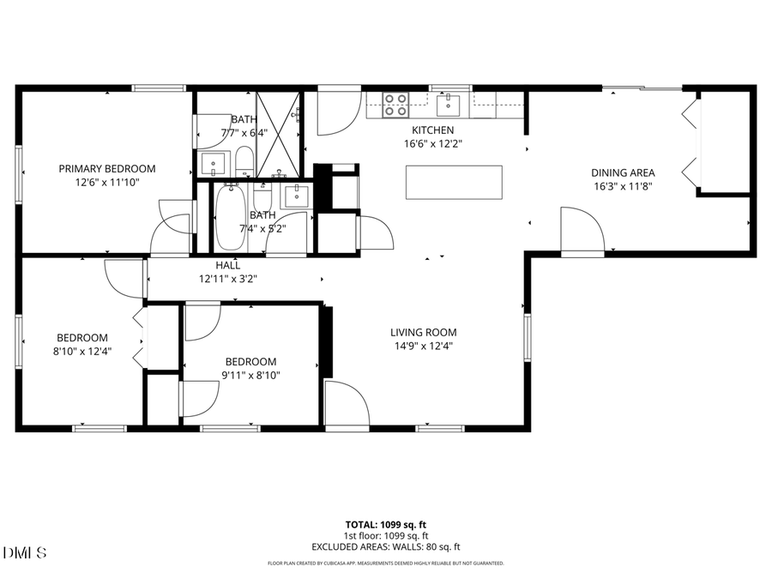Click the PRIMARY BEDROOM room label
click(107, 169)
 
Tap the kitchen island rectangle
click(454, 182)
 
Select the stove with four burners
click(395, 105)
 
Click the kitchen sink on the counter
click(448, 106)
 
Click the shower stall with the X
click(280, 134)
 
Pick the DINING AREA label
click(624, 172)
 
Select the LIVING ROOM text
click(424, 333)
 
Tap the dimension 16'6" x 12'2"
click(433, 144)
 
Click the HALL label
click(228, 266)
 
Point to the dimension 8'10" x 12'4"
click(82, 351)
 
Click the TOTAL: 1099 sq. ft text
click(385, 523)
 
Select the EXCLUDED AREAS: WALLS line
click(385, 546)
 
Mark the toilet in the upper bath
click(244, 160)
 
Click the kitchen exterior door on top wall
click(338, 112)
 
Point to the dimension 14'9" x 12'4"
click(424, 347)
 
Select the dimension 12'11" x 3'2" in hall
click(228, 279)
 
